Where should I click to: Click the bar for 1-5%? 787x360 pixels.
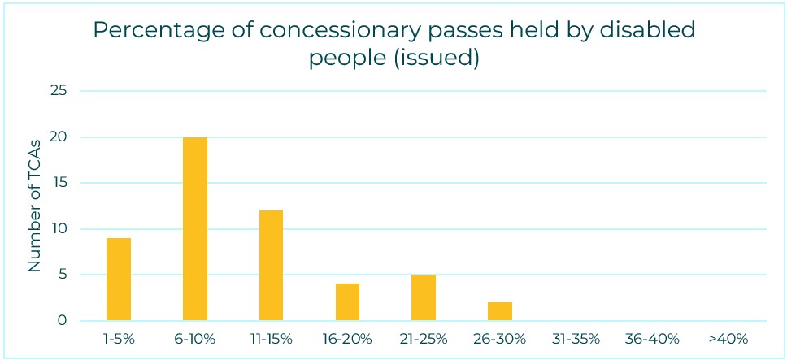click(x=119, y=280)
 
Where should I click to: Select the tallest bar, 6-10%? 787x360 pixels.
click(x=195, y=229)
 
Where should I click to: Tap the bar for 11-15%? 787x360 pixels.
click(x=271, y=266)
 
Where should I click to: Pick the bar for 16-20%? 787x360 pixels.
click(x=347, y=302)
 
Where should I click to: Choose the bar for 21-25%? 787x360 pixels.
click(x=424, y=297)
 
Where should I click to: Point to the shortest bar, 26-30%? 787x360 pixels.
click(x=500, y=311)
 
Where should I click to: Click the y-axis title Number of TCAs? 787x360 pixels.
click(x=35, y=206)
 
